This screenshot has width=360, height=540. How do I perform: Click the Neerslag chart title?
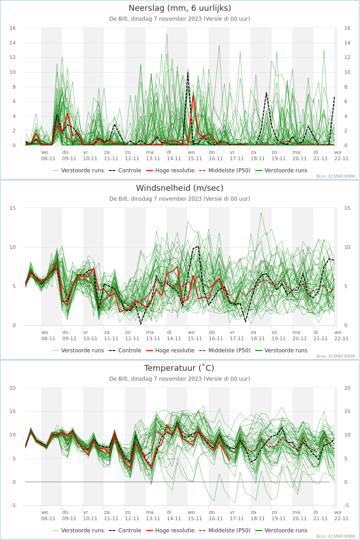coord(180,8)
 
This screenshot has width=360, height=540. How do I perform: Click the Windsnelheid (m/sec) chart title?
coord(180,188)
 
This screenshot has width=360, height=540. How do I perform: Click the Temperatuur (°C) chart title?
coord(179,368)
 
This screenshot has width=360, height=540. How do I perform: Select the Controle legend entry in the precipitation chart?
coord(125,171)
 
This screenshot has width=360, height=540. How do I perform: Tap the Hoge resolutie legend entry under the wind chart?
coord(170,350)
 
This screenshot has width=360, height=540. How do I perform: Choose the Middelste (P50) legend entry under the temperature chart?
coord(225,531)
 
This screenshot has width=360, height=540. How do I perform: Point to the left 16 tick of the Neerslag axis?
coord(13,28)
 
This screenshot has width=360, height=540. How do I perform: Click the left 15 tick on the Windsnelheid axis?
coord(13,208)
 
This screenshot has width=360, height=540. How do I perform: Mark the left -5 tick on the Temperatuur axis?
coord(13,505)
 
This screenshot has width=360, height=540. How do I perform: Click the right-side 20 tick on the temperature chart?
coord(347,388)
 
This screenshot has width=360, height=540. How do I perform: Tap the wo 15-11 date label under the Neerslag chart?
coord(194,156)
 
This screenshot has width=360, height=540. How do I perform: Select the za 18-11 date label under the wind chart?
coord(257,335)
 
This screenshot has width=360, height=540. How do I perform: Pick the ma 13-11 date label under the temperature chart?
coord(153,515)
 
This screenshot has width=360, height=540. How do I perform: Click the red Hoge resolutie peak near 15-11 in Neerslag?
coord(193,96)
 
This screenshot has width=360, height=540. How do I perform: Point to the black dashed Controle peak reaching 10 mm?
coord(188,72)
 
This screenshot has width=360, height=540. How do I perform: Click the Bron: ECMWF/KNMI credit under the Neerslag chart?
coord(336,176)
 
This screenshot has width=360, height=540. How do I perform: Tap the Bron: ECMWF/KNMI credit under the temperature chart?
coord(336,536)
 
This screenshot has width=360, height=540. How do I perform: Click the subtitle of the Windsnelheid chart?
coord(180,198)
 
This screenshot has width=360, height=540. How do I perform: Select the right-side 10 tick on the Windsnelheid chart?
coord(347,247)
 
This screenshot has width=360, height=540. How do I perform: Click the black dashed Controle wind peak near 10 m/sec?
coord(198,247)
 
